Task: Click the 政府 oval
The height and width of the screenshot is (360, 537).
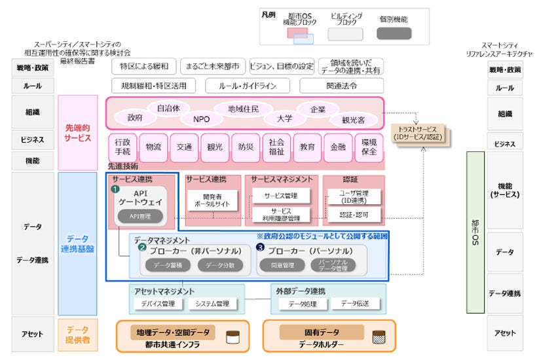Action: pyautogui.click(x=135, y=118)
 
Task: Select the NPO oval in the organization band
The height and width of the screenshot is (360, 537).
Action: pyautogui.click(x=201, y=119)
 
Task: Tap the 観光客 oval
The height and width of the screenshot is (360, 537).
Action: pyautogui.click(x=353, y=120)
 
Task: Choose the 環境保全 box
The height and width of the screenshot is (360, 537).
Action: pyautogui.click(x=369, y=148)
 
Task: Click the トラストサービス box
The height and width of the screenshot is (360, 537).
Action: pyautogui.click(x=418, y=133)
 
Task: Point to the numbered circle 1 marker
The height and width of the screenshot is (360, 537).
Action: pyautogui.click(x=115, y=189)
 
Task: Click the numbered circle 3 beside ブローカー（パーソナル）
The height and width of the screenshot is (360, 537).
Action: pyautogui.click(x=260, y=248)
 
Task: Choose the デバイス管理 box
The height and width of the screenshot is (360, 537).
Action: pyautogui.click(x=158, y=304)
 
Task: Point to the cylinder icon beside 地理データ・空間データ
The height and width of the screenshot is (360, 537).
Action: pyautogui.click(x=232, y=338)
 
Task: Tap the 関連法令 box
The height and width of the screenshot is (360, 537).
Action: pyautogui.click(x=341, y=86)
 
